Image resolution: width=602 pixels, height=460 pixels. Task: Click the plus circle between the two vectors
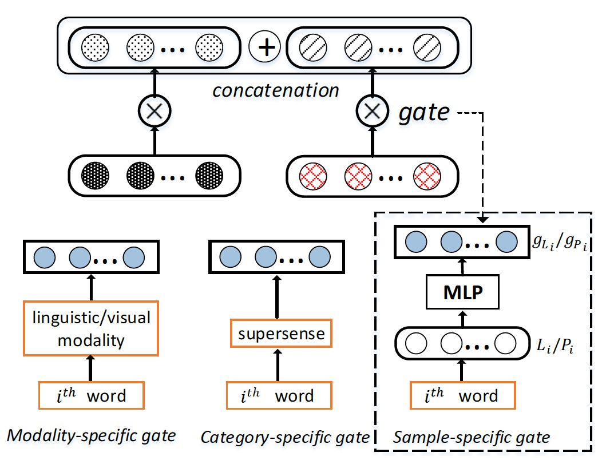(264, 46)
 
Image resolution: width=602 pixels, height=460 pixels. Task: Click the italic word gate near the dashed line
(424, 112)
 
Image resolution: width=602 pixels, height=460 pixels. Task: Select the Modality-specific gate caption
(90, 436)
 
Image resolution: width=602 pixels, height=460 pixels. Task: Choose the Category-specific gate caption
(285, 438)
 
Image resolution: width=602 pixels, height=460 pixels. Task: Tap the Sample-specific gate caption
(472, 438)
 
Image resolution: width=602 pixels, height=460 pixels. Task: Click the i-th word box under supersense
(279, 395)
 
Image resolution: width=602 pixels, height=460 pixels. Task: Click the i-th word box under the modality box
(90, 395)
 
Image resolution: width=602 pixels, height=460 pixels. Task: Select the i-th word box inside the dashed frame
(463, 395)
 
